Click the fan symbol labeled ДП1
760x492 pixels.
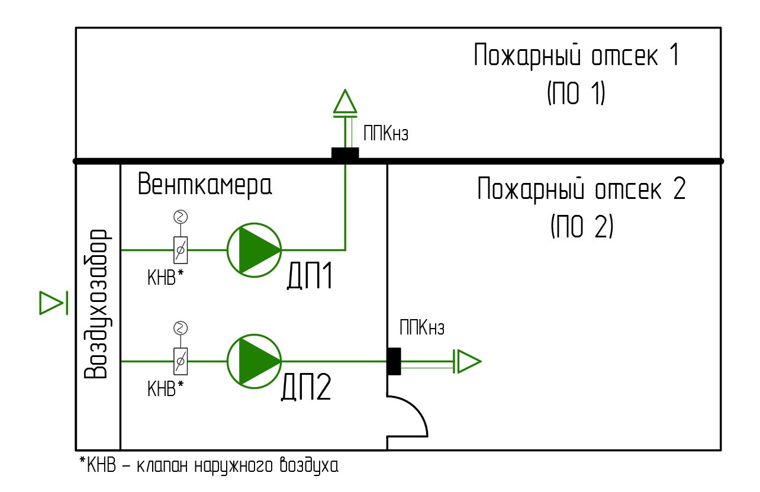(254, 250)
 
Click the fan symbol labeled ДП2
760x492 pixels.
(254, 361)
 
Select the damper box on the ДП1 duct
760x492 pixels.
(181, 250)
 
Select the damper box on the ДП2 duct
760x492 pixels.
(181, 361)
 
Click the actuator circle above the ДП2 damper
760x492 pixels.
(181, 327)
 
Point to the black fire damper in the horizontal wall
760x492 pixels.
(345, 154)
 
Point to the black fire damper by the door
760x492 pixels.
(394, 361)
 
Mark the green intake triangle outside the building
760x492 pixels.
(51, 303)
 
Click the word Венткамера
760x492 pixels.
(205, 185)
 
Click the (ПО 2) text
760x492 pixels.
(581, 226)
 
